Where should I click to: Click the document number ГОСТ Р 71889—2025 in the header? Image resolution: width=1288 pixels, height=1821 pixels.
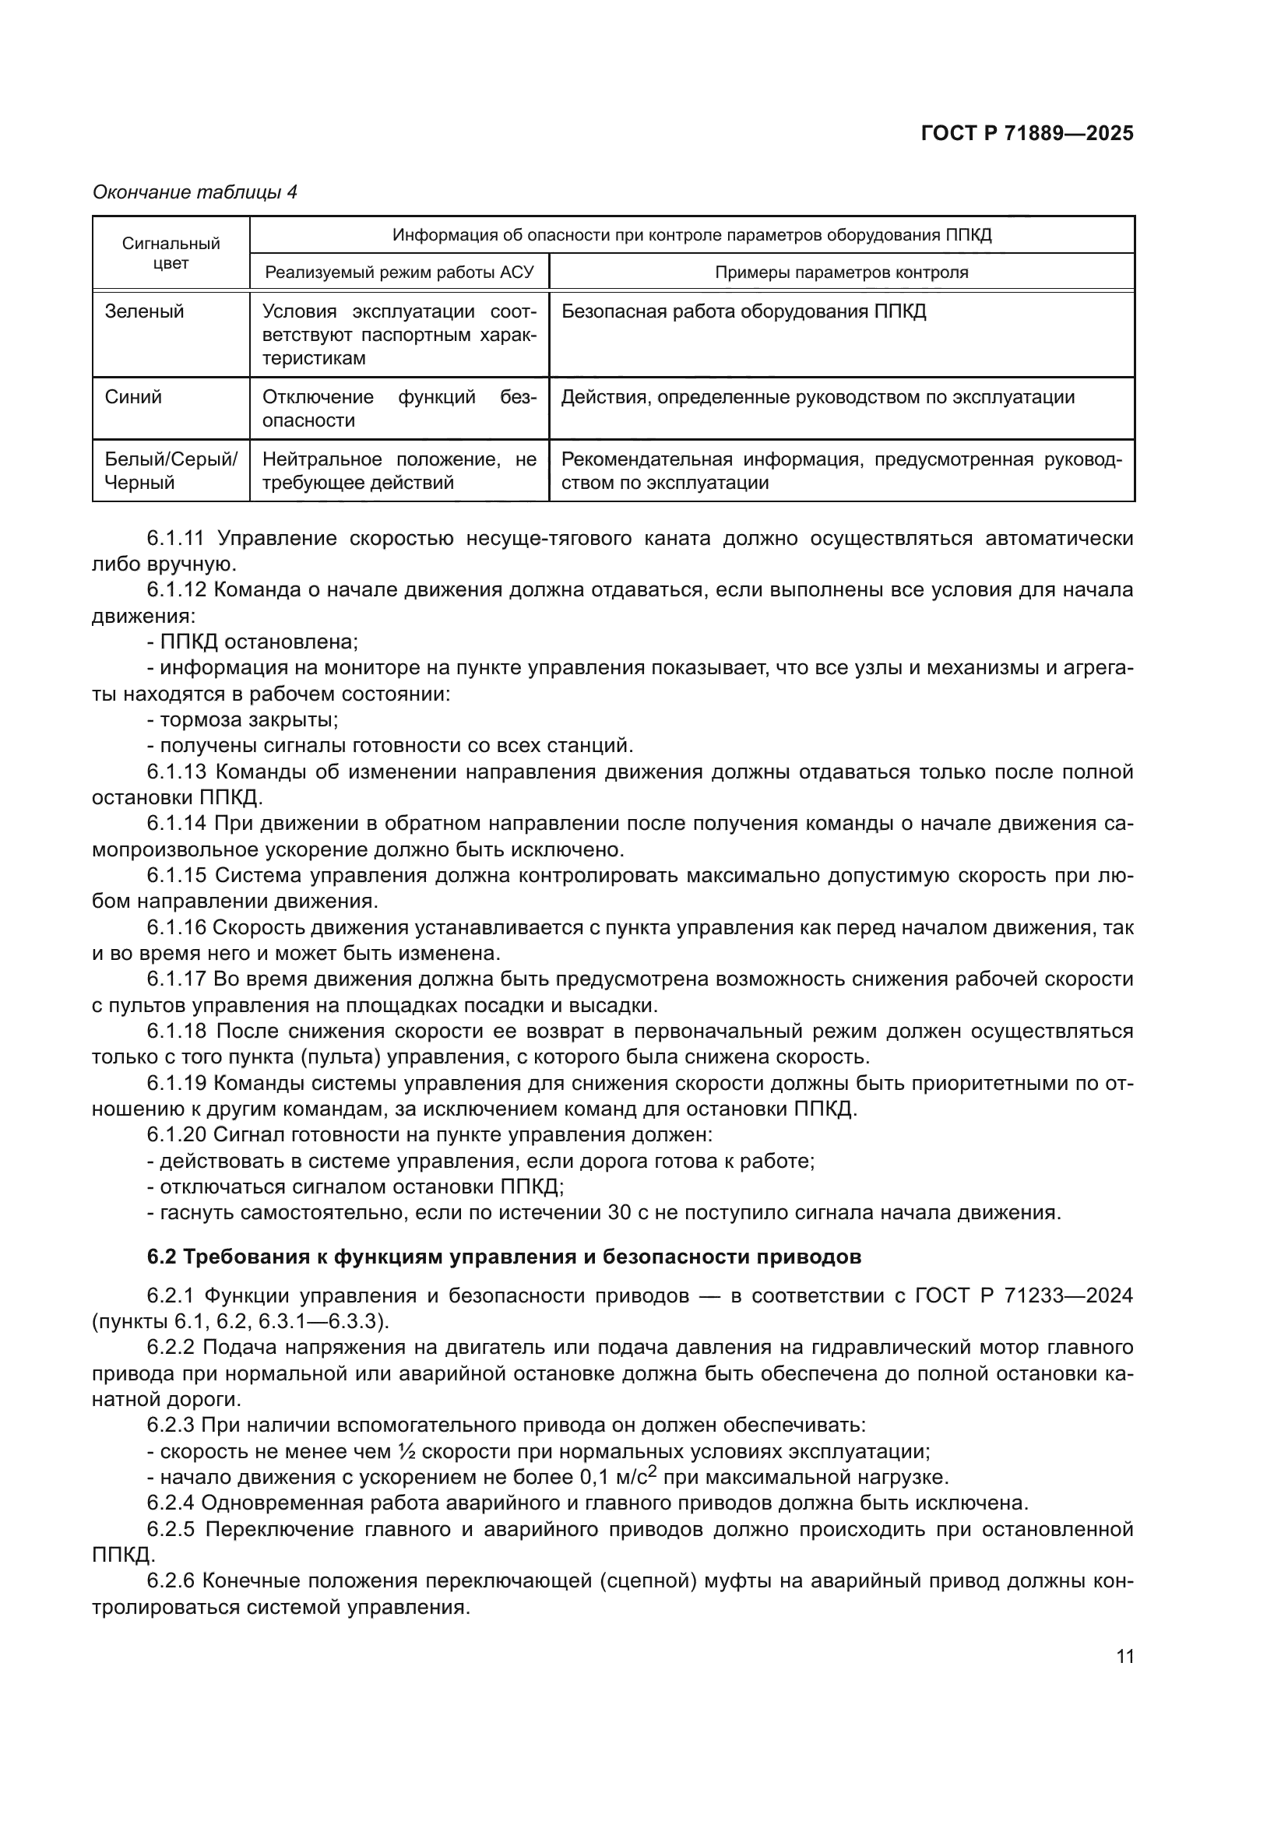(1027, 133)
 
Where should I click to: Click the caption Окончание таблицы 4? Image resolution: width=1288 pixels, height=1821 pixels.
(195, 192)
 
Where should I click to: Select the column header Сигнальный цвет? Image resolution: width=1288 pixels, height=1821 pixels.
(171, 253)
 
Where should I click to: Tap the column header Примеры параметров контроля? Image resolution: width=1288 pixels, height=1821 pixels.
(842, 272)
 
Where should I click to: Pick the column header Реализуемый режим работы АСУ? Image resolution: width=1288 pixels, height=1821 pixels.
(399, 272)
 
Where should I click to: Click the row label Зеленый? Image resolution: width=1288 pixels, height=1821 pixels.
(144, 311)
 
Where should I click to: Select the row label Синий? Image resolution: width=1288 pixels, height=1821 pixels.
(133, 397)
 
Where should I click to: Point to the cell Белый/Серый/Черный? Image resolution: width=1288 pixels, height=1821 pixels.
(171, 470)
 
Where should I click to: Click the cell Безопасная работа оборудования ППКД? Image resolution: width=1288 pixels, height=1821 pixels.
(743, 311)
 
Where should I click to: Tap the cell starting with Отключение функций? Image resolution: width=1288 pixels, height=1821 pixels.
(399, 409)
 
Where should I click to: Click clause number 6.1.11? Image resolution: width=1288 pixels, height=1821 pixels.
(175, 539)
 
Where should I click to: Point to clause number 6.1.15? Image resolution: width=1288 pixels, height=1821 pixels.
(176, 875)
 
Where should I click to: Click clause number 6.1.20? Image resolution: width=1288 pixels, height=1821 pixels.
(176, 1135)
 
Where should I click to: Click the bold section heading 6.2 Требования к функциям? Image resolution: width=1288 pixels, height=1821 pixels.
(504, 1257)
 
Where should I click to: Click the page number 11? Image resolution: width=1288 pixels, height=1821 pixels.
(1124, 1657)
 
